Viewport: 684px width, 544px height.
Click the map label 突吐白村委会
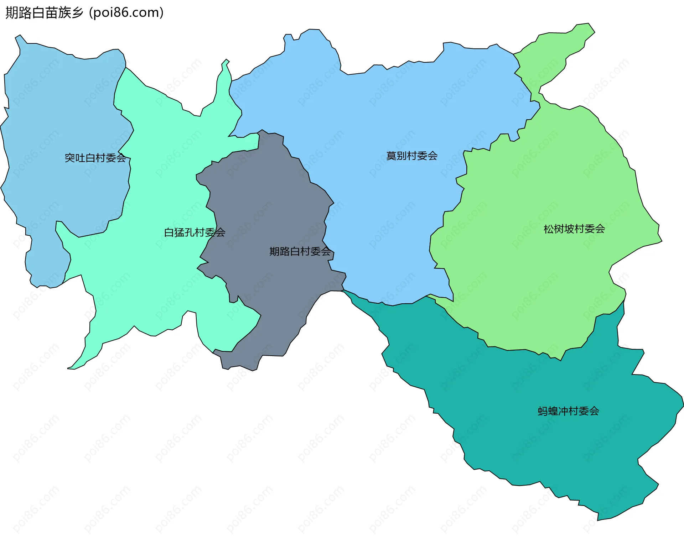click(95, 158)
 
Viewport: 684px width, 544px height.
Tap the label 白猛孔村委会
click(195, 232)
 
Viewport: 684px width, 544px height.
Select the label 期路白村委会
click(300, 251)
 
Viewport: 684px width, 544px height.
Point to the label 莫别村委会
click(412, 156)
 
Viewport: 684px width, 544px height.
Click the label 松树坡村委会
click(574, 229)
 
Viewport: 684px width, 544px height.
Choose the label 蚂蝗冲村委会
click(568, 411)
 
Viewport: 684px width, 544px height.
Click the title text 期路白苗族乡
click(45, 13)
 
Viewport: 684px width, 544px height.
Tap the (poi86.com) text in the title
click(126, 13)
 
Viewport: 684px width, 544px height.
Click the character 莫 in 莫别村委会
click(391, 156)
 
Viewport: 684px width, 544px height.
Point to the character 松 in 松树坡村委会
click(549, 229)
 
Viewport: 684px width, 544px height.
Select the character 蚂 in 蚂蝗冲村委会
click(543, 411)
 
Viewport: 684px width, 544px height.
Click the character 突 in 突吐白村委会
click(69, 158)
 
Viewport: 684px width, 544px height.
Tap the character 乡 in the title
click(77, 13)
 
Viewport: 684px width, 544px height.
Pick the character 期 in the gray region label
click(274, 251)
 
